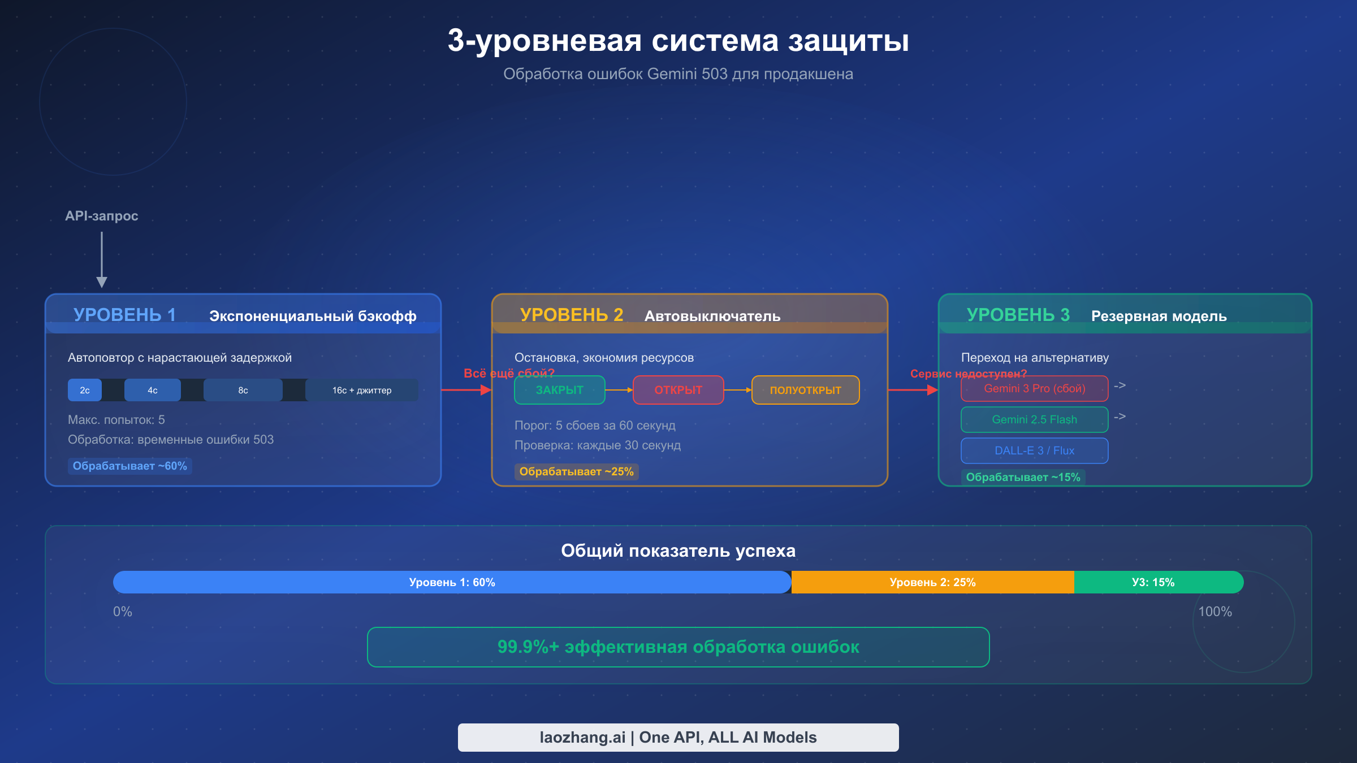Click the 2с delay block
pos(85,390)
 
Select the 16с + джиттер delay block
pos(362,390)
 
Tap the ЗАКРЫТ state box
pos(559,390)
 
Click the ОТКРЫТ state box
pos(678,390)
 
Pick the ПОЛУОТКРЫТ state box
pos(805,390)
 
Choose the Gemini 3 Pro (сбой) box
pos(1034,389)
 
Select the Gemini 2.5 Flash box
pos(1034,419)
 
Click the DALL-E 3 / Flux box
pos(1034,450)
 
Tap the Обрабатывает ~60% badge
pos(129,466)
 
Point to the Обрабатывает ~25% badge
pos(576,471)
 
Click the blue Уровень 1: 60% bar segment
pos(452,582)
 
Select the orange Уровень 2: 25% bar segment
pos(932,582)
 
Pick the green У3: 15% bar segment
pos(1153,582)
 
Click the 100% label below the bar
pos(1215,612)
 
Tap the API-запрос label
pos(101,216)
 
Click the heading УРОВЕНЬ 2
pos(571,315)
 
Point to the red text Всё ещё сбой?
pos(508,373)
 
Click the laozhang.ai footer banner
pos(678,737)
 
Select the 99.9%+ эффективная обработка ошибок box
pos(678,647)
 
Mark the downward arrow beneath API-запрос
pos(102,260)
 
